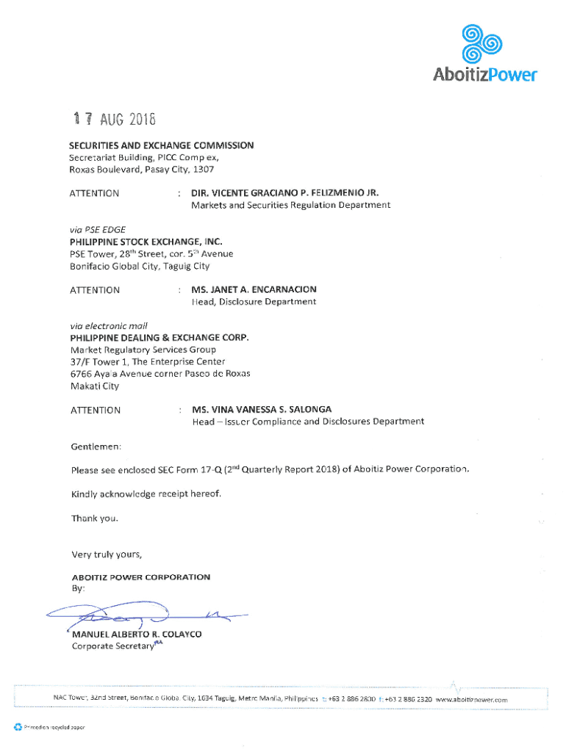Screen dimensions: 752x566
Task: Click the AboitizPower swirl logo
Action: (x=481, y=43)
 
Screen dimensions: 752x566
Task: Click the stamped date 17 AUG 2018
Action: (x=114, y=120)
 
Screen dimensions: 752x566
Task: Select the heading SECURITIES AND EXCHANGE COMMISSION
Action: (x=162, y=145)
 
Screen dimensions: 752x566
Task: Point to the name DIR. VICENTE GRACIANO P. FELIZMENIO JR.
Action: (x=284, y=193)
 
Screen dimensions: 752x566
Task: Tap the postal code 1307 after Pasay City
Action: (x=203, y=170)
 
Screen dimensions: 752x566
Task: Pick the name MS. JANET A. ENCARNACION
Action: (x=254, y=290)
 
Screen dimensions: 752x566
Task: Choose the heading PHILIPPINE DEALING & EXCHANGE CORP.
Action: (x=160, y=338)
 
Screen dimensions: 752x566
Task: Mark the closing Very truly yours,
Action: (x=106, y=554)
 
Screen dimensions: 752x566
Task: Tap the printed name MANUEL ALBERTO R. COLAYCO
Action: (x=136, y=634)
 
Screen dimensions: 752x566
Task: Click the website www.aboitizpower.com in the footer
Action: (x=471, y=700)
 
